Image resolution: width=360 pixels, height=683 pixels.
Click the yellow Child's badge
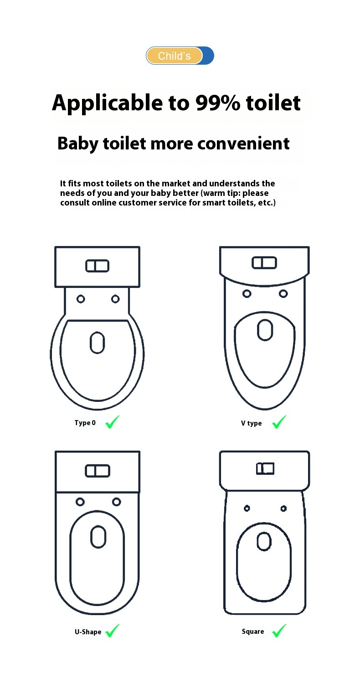pyautogui.click(x=174, y=56)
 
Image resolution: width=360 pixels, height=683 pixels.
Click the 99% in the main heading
pyautogui.click(x=218, y=103)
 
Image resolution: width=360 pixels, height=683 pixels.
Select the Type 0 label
pyautogui.click(x=85, y=423)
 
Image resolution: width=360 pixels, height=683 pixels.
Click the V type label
pyautogui.click(x=251, y=423)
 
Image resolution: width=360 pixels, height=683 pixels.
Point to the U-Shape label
pyautogui.click(x=88, y=632)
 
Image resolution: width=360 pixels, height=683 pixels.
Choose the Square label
pyautogui.click(x=253, y=632)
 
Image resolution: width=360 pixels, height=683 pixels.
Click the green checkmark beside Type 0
pyautogui.click(x=112, y=422)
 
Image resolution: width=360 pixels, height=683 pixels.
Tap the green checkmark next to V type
pyautogui.click(x=279, y=422)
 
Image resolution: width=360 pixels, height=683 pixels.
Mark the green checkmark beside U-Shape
pyautogui.click(x=112, y=631)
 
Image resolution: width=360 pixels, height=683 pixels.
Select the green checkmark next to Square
pyautogui.click(x=279, y=631)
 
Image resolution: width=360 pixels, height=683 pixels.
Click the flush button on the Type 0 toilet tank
pyautogui.click(x=97, y=266)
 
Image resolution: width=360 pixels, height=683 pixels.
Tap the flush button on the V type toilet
pyautogui.click(x=264, y=262)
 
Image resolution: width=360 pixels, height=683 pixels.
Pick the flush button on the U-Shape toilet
pyautogui.click(x=97, y=471)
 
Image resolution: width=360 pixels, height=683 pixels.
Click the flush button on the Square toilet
pyautogui.click(x=265, y=468)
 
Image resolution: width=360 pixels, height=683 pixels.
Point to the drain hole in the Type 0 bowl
pyautogui.click(x=97, y=343)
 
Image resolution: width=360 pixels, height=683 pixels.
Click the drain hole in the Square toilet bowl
pyautogui.click(x=264, y=542)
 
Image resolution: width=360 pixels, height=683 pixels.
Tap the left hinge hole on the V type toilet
pyautogui.click(x=247, y=293)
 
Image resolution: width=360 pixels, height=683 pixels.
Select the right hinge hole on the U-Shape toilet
pyautogui.click(x=117, y=502)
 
